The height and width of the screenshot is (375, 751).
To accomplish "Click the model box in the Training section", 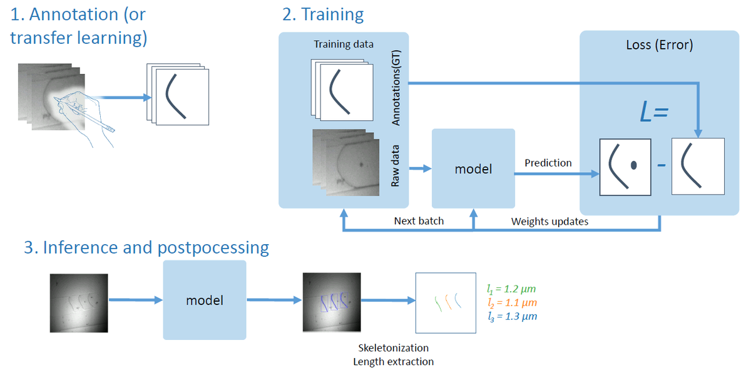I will click(473, 169).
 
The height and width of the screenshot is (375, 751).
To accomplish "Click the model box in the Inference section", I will click(205, 301).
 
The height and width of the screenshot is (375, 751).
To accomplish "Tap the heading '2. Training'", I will click(323, 14).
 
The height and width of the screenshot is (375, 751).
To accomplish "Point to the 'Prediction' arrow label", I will click(548, 163).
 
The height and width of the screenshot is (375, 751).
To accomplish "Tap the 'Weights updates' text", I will click(549, 221).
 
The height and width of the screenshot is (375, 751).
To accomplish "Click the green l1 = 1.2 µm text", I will click(511, 289).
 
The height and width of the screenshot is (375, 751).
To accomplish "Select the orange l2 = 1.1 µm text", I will click(511, 302).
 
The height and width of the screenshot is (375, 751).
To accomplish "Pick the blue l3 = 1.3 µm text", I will click(511, 316).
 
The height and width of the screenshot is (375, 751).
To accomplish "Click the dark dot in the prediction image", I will click(633, 165).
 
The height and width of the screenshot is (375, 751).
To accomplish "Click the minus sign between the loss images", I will click(661, 167).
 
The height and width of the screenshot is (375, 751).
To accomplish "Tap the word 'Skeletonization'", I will click(393, 347).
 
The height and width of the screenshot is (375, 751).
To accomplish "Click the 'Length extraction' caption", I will click(393, 361).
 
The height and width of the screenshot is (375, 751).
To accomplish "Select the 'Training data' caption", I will click(344, 44).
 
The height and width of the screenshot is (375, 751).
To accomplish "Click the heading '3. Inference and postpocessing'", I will click(146, 247).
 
